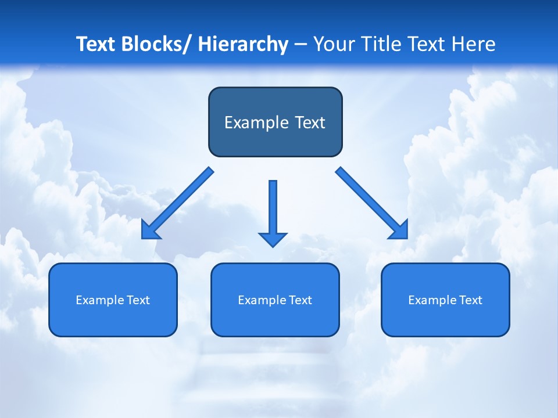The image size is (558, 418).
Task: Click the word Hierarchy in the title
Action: tap(243, 44)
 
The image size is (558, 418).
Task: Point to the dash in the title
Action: tap(301, 45)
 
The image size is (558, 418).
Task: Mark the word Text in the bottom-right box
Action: tap(470, 300)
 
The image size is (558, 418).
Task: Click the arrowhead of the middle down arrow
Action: tap(273, 239)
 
